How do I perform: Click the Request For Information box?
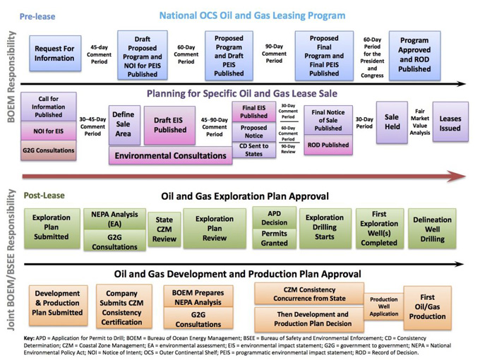point(55,53)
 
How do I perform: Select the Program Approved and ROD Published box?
point(415,55)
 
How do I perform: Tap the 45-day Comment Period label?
point(100,54)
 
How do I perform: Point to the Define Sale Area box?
point(125,125)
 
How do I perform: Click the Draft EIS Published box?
point(169,125)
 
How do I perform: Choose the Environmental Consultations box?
point(171,155)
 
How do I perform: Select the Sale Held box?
point(392,122)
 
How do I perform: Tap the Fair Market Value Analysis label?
point(420,122)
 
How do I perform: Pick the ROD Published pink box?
point(328,145)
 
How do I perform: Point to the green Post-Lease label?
point(44,196)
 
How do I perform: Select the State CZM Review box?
point(164,229)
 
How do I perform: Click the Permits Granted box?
point(275,238)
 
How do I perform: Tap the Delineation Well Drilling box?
point(432,229)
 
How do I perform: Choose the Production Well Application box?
point(384,306)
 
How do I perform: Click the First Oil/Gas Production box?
point(428,308)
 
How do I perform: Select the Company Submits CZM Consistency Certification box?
point(124,307)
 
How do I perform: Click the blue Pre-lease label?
point(37,16)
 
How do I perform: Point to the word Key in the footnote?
point(29,338)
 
